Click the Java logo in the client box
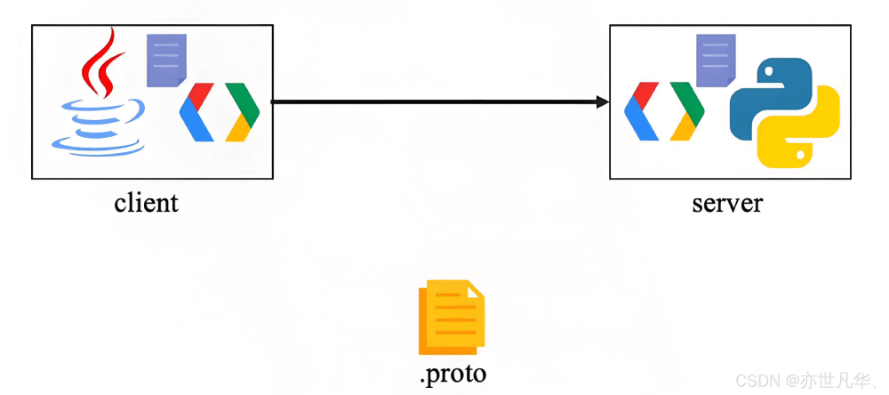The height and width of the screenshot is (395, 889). click(x=98, y=98)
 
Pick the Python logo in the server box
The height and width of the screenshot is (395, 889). click(x=784, y=112)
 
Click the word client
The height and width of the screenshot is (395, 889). click(x=146, y=203)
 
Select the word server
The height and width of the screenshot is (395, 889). click(x=727, y=203)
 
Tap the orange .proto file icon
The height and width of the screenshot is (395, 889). click(x=452, y=317)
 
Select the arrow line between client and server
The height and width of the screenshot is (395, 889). click(x=436, y=102)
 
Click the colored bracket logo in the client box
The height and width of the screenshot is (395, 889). click(x=219, y=112)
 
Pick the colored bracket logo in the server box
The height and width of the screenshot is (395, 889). click(x=664, y=111)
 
